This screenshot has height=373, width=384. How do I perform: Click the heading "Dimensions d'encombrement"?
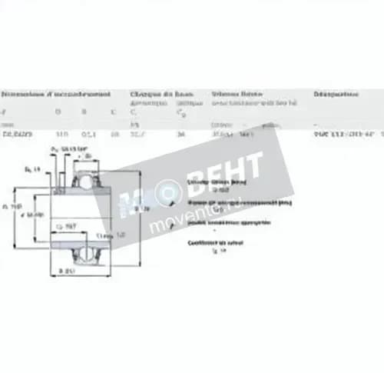coord(55,94)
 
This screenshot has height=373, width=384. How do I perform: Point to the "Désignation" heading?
coord(336,94)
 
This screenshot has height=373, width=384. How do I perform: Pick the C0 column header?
coord(183,112)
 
